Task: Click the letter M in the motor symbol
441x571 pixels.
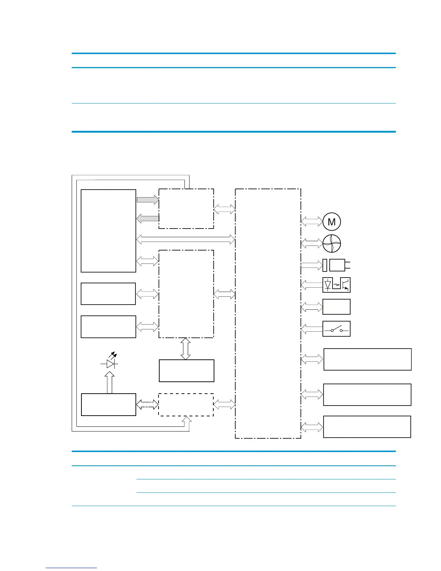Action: pyautogui.click(x=332, y=222)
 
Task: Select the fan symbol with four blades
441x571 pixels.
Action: pyautogui.click(x=332, y=244)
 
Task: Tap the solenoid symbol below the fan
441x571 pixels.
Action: pyautogui.click(x=336, y=265)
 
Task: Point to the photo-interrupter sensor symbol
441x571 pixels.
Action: pyautogui.click(x=337, y=285)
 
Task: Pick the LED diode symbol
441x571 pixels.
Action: pyautogui.click(x=110, y=361)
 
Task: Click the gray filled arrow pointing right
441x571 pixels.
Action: pyautogui.click(x=148, y=200)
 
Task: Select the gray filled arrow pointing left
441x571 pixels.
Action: pyautogui.click(x=148, y=218)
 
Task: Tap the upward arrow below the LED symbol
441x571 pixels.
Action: pyautogui.click(x=110, y=382)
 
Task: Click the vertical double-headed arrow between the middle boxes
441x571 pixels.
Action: pyautogui.click(x=186, y=349)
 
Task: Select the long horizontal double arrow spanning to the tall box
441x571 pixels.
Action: pyautogui.click(x=186, y=239)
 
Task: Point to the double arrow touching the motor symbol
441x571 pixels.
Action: pyautogui.click(x=312, y=221)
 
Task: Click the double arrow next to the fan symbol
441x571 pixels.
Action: pyautogui.click(x=312, y=243)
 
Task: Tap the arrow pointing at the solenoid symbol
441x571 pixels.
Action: pyautogui.click(x=312, y=265)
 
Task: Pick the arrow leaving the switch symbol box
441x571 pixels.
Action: pyautogui.click(x=312, y=329)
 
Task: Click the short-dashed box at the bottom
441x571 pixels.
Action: pyautogui.click(x=186, y=405)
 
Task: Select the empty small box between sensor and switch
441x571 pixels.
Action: pyautogui.click(x=337, y=307)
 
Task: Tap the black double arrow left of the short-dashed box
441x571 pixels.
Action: pyautogui.click(x=147, y=405)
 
